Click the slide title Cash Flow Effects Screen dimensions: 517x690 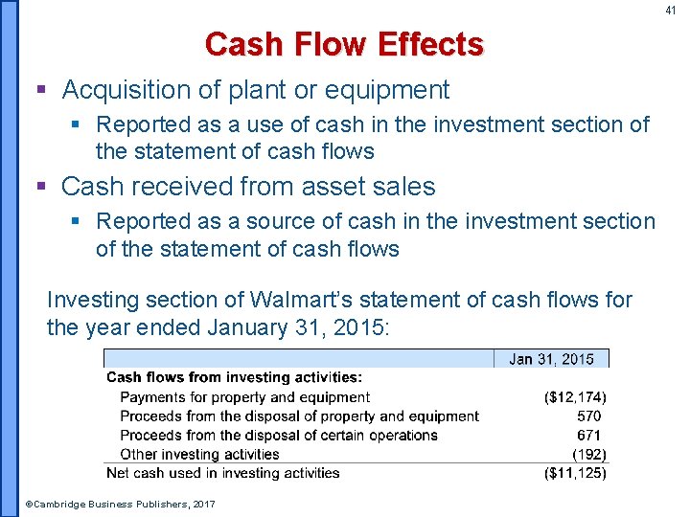(344, 45)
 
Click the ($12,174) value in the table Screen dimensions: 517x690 (574, 396)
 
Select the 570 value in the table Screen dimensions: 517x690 (589, 416)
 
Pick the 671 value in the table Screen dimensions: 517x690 (589, 435)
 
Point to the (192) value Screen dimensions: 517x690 (588, 454)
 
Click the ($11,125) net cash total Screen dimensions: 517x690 (574, 473)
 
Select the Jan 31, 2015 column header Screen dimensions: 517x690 (551, 359)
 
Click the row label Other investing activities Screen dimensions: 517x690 (199, 454)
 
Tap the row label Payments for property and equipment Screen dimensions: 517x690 (244, 396)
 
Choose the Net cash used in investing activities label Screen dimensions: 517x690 (222, 473)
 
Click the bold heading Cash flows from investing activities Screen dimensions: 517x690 (234, 377)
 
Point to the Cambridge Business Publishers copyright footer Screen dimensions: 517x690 (120, 504)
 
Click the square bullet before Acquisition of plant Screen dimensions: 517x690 (40, 91)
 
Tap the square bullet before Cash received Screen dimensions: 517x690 (40, 187)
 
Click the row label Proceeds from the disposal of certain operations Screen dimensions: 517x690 (278, 435)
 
